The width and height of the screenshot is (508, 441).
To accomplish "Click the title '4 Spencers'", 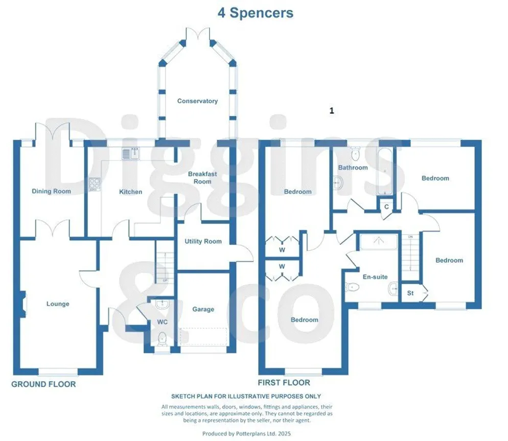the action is click(256, 13).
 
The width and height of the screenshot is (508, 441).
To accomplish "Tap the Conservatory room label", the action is click(197, 101).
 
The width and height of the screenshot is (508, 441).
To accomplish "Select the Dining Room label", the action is click(51, 191).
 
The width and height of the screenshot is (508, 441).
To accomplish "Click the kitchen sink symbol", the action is click(131, 153).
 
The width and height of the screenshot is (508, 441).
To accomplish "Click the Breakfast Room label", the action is click(202, 177).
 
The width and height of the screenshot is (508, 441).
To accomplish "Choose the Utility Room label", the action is click(203, 241).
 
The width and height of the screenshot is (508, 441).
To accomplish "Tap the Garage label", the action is click(203, 309).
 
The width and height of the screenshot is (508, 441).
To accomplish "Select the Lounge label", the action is click(58, 304).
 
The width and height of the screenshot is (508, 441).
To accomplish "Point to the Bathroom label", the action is click(353, 168).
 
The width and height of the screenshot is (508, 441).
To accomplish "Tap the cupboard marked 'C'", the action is click(386, 207).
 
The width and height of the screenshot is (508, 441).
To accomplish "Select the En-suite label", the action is click(375, 277).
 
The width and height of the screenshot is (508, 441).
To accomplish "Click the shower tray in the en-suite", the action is click(378, 241).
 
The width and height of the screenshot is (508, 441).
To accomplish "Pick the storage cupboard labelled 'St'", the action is click(410, 293).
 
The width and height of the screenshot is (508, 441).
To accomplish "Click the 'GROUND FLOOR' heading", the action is click(43, 384).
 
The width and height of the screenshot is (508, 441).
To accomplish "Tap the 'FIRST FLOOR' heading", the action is click(284, 383).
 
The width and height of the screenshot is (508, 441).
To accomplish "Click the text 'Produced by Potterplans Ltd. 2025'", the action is click(246, 433).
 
